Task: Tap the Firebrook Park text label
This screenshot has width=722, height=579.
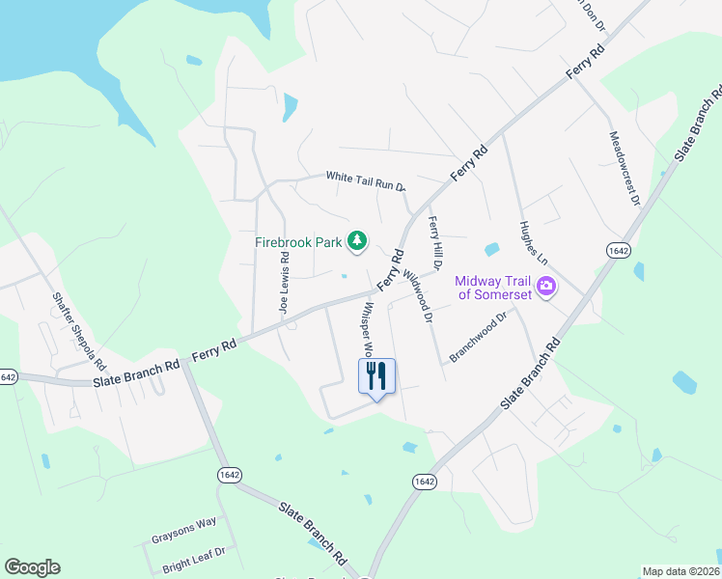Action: coord(297,243)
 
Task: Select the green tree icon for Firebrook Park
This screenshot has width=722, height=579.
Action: coord(357,240)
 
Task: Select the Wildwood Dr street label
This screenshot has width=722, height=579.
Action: coord(420,290)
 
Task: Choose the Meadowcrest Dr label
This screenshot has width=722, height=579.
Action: coord(623,170)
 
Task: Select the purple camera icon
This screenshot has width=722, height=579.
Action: coord(547,286)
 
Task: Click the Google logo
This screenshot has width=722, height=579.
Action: coord(32,567)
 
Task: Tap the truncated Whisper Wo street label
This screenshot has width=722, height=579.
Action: coord(369,330)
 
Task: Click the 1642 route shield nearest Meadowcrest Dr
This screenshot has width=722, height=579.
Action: coord(619,250)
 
